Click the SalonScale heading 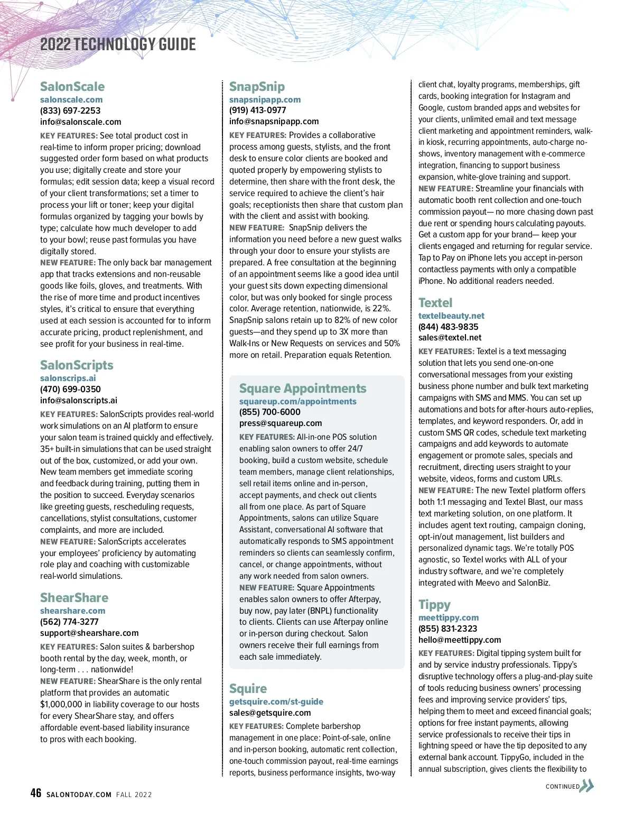pyautogui.click(x=72, y=87)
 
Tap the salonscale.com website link pyautogui.click(x=71, y=99)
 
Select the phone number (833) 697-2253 pyautogui.click(x=70, y=110)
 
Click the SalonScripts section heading pyautogui.click(x=77, y=365)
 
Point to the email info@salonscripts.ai pyautogui.click(x=79, y=400)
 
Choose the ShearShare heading pyautogui.click(x=74, y=598)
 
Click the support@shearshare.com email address pyautogui.click(x=89, y=633)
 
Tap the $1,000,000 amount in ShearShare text pyautogui.click(x=61, y=704)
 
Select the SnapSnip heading pyautogui.click(x=257, y=87)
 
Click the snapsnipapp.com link pyautogui.click(x=265, y=99)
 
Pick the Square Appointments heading pyautogui.click(x=303, y=388)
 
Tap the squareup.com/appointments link pyautogui.click(x=298, y=401)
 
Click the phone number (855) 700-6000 pyautogui.click(x=269, y=412)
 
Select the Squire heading pyautogui.click(x=248, y=689)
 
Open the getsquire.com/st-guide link pyautogui.click(x=276, y=701)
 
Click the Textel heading pyautogui.click(x=435, y=303)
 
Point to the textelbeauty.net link pyautogui.click(x=451, y=316)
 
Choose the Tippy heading pyautogui.click(x=434, y=605)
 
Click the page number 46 pyautogui.click(x=35, y=793)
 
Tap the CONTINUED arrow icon pyautogui.click(x=587, y=786)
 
